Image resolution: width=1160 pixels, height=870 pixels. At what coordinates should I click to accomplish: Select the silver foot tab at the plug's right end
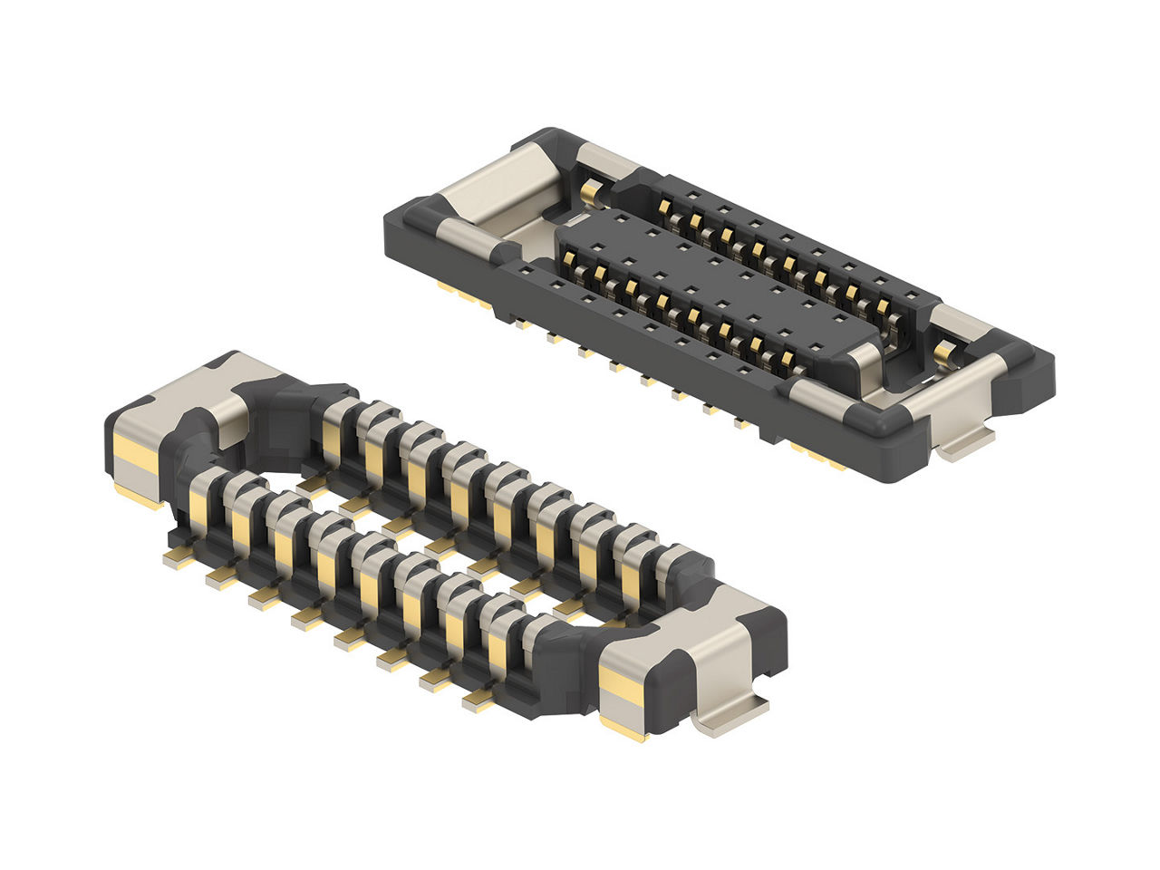point(730,716)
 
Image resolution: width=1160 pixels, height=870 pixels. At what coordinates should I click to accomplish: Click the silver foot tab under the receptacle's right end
point(965,445)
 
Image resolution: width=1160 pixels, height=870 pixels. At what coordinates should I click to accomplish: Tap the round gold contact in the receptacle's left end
point(591,191)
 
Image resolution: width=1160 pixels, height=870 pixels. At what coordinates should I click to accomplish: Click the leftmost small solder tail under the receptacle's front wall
point(520,323)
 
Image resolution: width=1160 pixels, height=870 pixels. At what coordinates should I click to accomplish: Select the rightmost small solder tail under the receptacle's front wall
point(741,423)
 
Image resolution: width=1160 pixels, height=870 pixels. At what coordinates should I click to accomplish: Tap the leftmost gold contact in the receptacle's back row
point(664,208)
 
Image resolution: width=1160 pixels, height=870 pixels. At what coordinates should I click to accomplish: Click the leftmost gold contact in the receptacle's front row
point(570,264)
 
